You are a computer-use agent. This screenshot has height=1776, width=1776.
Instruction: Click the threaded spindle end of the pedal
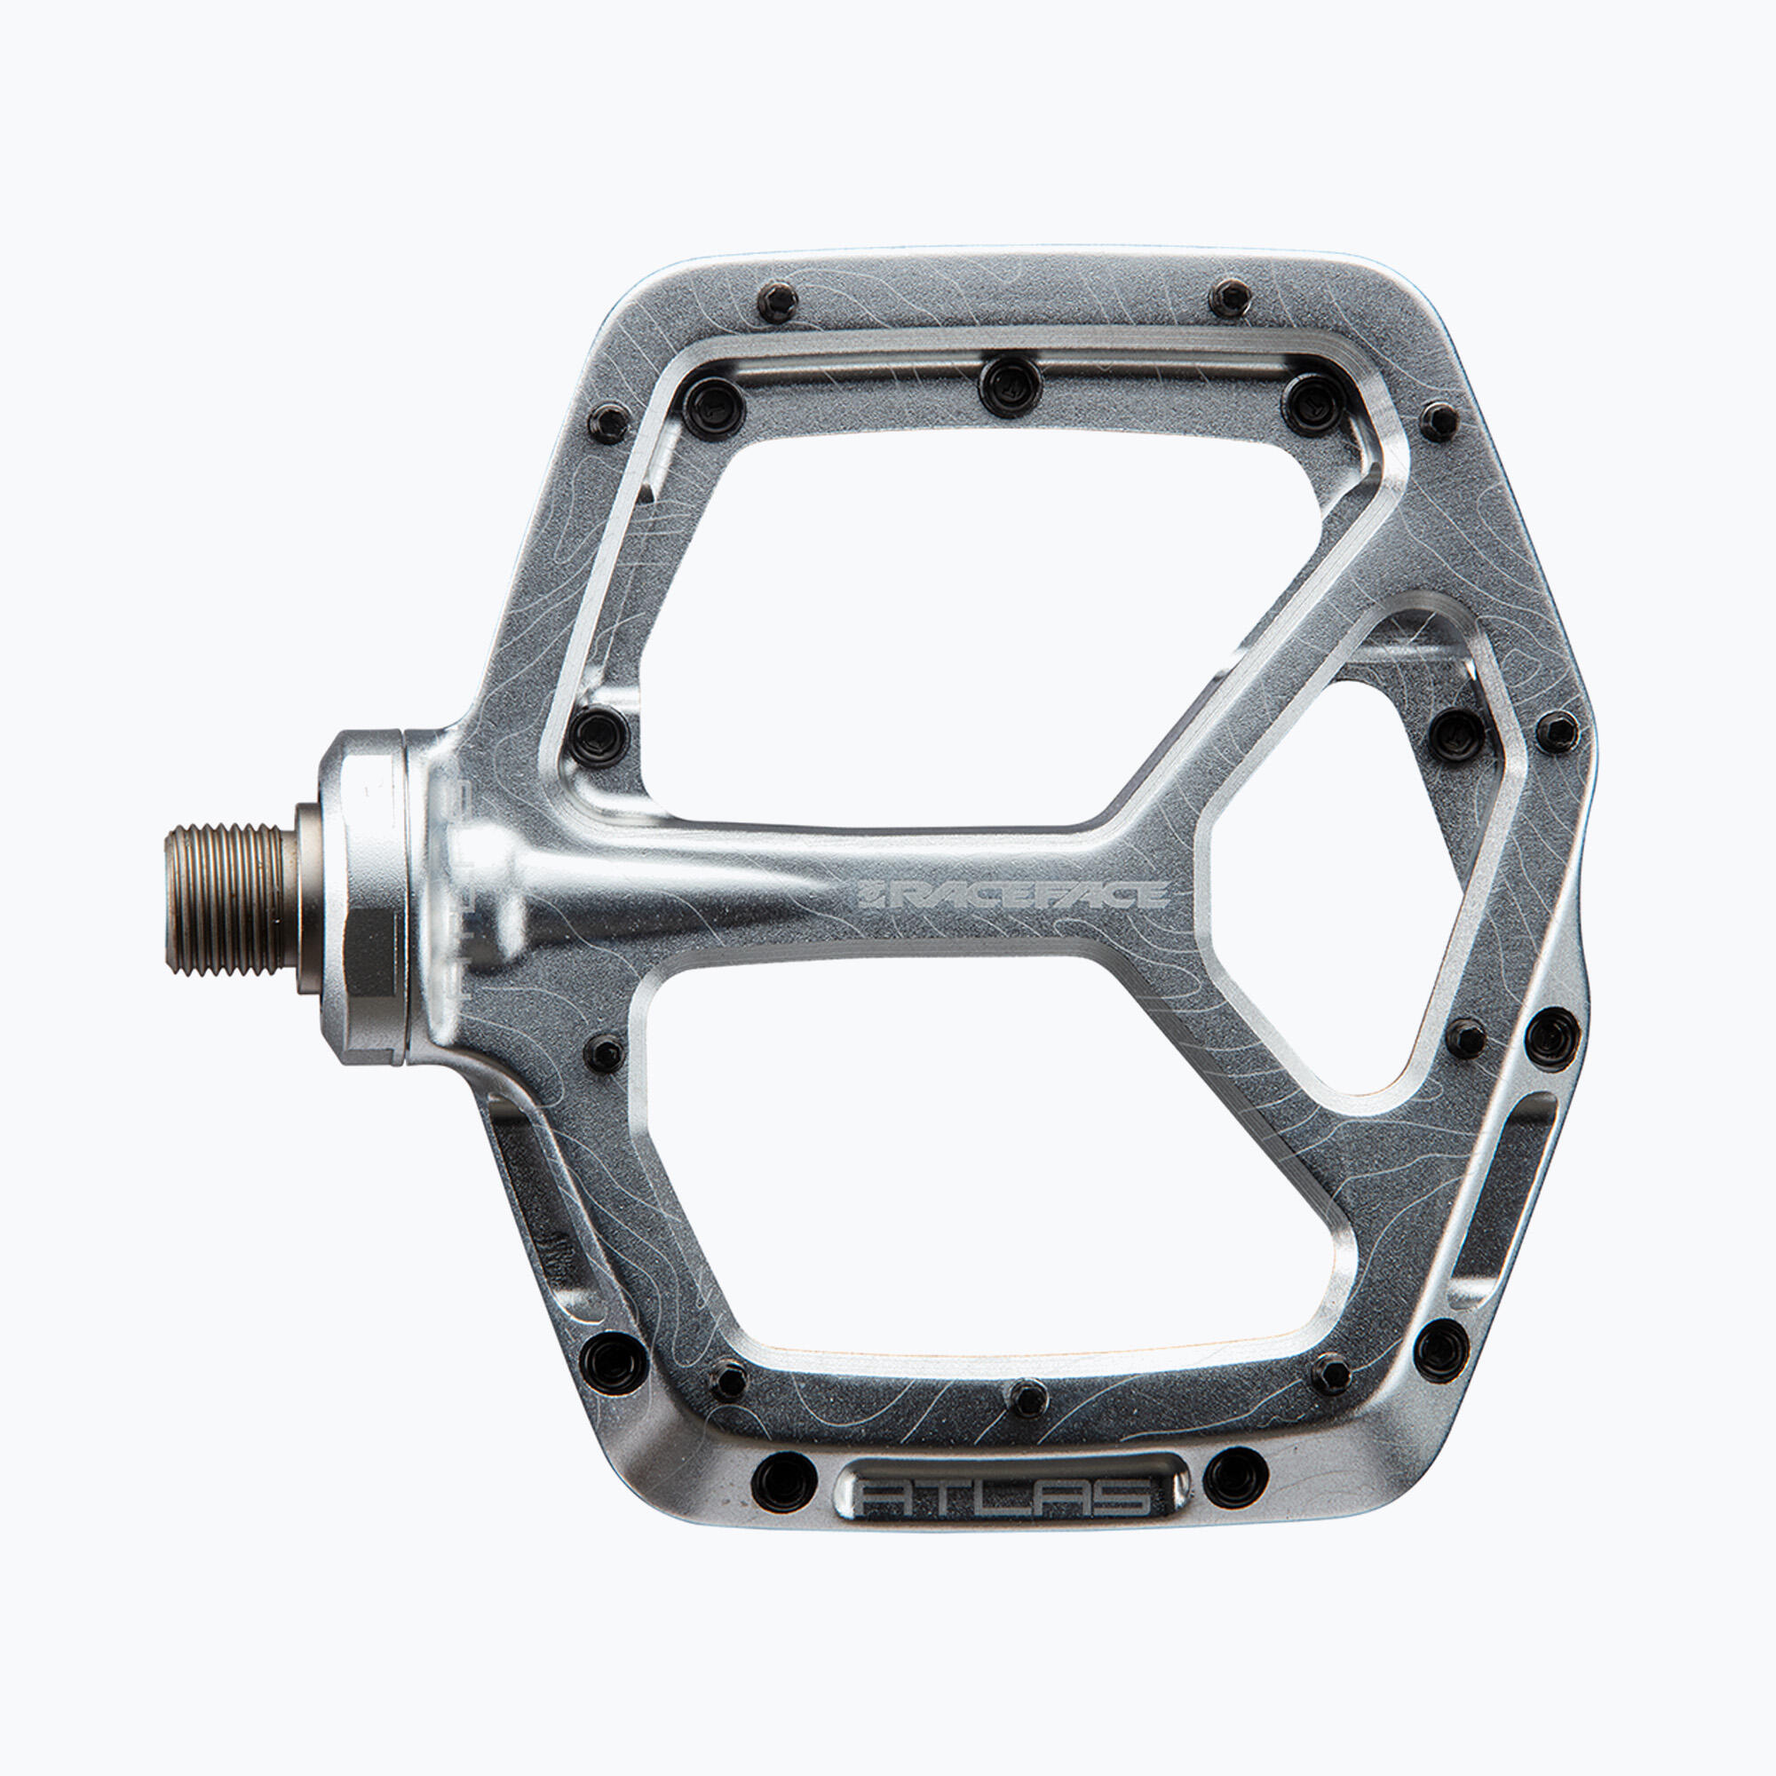click(x=232, y=900)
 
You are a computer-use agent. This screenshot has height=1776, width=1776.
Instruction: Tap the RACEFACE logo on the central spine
click(x=1013, y=894)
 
